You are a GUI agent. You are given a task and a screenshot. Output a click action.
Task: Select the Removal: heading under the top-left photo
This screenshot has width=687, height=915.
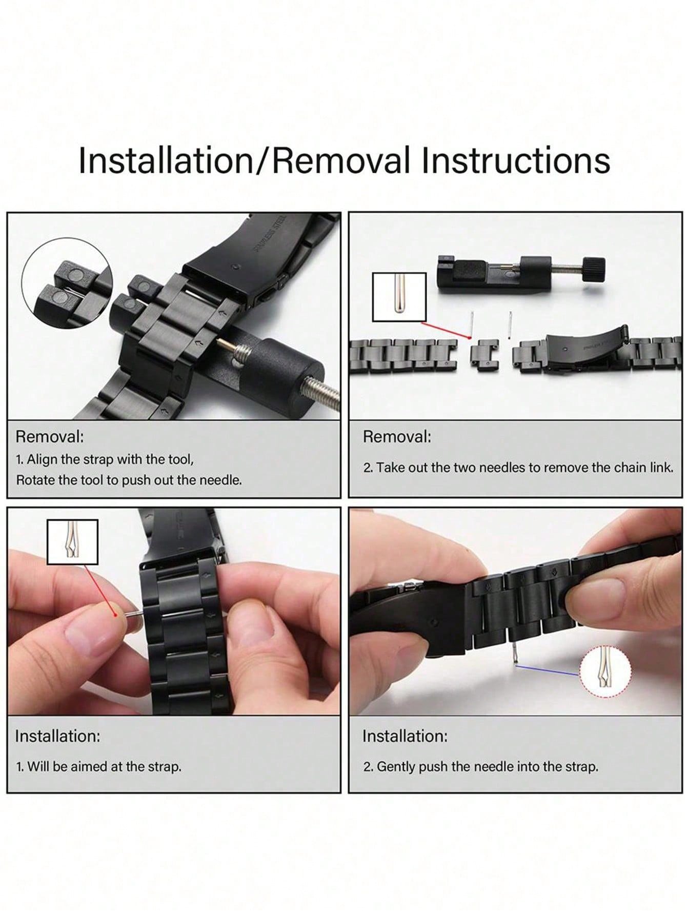pyautogui.click(x=49, y=437)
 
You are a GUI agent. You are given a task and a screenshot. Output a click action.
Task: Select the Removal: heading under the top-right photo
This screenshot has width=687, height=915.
pyautogui.click(x=397, y=437)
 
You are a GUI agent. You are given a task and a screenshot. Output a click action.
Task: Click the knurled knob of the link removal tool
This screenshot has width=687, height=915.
pyautogui.click(x=592, y=267)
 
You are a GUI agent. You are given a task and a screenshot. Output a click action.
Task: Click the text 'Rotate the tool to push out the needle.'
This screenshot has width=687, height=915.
pyautogui.click(x=129, y=480)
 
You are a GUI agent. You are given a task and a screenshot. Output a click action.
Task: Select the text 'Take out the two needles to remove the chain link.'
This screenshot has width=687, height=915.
pyautogui.click(x=518, y=467)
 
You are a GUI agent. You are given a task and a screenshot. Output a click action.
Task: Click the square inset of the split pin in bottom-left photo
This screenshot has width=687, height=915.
pyautogui.click(x=72, y=541)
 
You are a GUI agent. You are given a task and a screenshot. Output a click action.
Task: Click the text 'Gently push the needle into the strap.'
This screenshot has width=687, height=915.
pyautogui.click(x=481, y=767)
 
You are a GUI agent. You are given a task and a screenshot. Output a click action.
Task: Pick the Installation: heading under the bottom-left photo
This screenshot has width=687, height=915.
pyautogui.click(x=57, y=736)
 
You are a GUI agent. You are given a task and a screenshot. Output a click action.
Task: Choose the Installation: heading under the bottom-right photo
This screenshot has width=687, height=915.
pyautogui.click(x=405, y=736)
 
